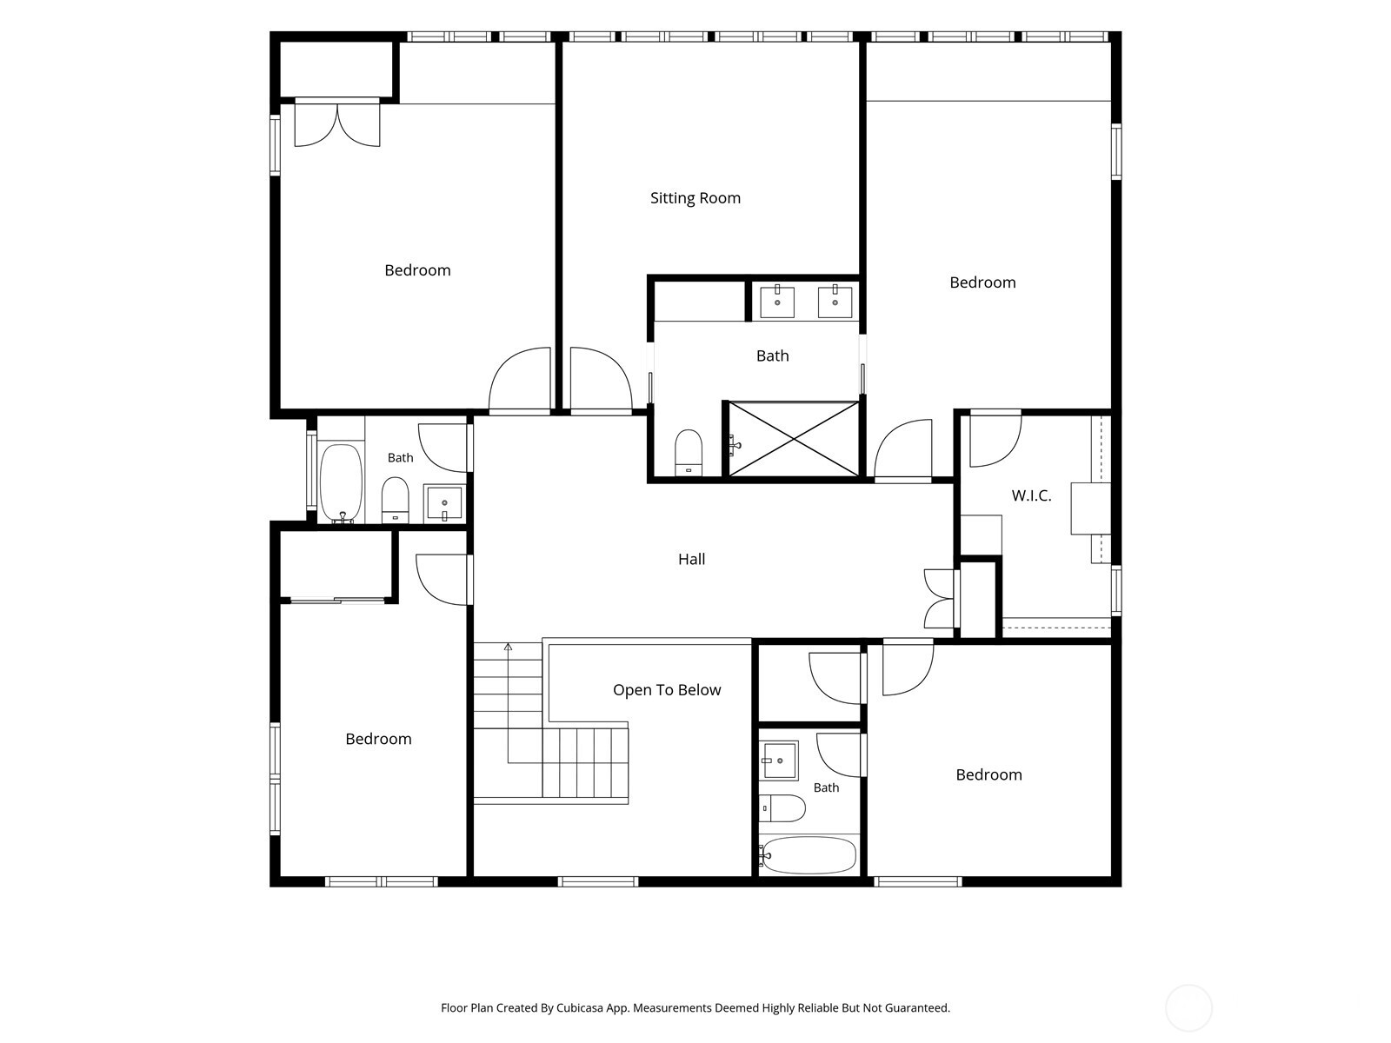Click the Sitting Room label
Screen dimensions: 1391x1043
pyautogui.click(x=695, y=198)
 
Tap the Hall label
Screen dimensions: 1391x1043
pyautogui.click(x=691, y=559)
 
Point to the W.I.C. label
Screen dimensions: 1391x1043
pyautogui.click(x=1031, y=495)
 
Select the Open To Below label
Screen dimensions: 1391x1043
pyautogui.click(x=667, y=690)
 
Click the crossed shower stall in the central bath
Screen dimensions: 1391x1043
pyautogui.click(x=794, y=438)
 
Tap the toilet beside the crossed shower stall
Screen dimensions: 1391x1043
pyautogui.click(x=689, y=452)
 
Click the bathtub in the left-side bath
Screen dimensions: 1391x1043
pyautogui.click(x=341, y=483)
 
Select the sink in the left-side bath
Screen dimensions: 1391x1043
pyautogui.click(x=444, y=503)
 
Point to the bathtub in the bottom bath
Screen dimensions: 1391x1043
pyautogui.click(x=809, y=855)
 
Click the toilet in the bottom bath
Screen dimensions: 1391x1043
pyautogui.click(x=782, y=808)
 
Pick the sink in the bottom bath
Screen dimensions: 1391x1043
pyautogui.click(x=779, y=761)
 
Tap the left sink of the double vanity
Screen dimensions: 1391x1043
pyautogui.click(x=777, y=302)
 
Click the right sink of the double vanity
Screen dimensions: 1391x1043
pyautogui.click(x=835, y=302)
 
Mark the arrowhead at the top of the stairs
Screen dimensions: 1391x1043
pyautogui.click(x=508, y=647)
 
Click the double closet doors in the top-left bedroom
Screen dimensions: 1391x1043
pyautogui.click(x=337, y=123)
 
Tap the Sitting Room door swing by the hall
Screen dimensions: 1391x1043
pyautogui.click(x=601, y=380)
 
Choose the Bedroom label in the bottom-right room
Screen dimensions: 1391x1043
pyautogui.click(x=988, y=774)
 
